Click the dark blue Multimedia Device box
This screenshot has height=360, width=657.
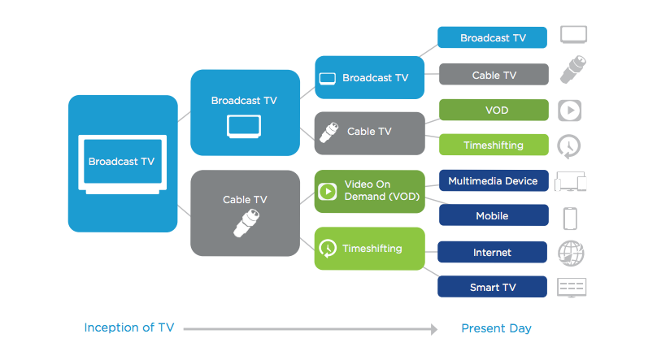(494, 181)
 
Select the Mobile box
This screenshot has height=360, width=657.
(494, 215)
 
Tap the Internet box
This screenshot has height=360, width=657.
(492, 253)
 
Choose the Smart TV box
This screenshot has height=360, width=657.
(492, 287)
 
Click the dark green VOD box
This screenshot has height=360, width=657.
(494, 110)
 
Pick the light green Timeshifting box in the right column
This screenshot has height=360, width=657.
(494, 145)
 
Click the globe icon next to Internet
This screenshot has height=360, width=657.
(571, 254)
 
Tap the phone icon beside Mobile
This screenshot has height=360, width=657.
(570, 219)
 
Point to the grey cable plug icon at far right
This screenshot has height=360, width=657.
(573, 69)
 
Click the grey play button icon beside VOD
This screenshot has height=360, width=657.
(569, 111)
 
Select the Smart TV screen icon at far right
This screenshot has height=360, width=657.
(572, 288)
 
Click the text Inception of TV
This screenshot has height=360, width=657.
(129, 327)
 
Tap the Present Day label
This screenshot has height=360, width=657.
(496, 328)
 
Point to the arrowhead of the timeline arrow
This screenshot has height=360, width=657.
(434, 329)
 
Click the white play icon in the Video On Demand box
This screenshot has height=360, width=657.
(328, 192)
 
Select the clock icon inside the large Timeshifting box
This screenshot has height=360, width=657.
(328, 249)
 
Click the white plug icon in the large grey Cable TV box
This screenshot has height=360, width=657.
(246, 223)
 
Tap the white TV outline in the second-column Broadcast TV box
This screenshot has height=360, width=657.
(244, 127)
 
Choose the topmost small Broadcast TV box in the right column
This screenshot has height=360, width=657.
(492, 37)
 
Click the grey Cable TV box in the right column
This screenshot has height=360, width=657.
(494, 75)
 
